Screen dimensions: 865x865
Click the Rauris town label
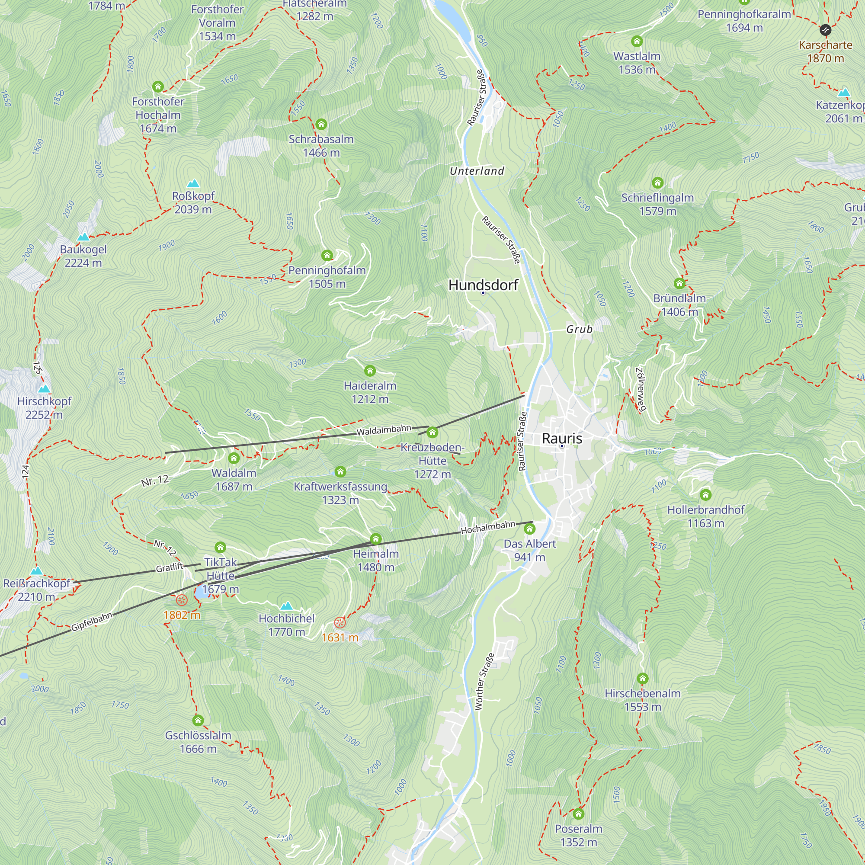[562, 438]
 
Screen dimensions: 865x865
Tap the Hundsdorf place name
[483, 285]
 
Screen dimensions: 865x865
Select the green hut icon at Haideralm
[370, 371]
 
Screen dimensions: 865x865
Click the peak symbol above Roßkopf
[193, 183]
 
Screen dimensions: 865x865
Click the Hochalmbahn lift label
[488, 527]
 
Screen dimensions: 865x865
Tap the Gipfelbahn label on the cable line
[92, 622]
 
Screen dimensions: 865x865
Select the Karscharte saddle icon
[825, 30]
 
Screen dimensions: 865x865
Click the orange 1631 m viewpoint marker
[340, 622]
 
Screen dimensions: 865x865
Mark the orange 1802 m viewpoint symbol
[181, 600]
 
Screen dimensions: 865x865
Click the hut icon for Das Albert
[530, 529]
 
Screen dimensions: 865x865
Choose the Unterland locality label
[477, 170]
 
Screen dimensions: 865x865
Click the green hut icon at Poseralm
[578, 814]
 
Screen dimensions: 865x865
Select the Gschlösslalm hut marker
[198, 721]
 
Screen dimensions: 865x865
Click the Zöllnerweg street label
[641, 389]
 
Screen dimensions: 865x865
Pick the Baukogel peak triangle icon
[83, 237]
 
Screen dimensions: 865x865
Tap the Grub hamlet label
[580, 329]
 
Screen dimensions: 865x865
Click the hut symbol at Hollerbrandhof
[705, 495]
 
